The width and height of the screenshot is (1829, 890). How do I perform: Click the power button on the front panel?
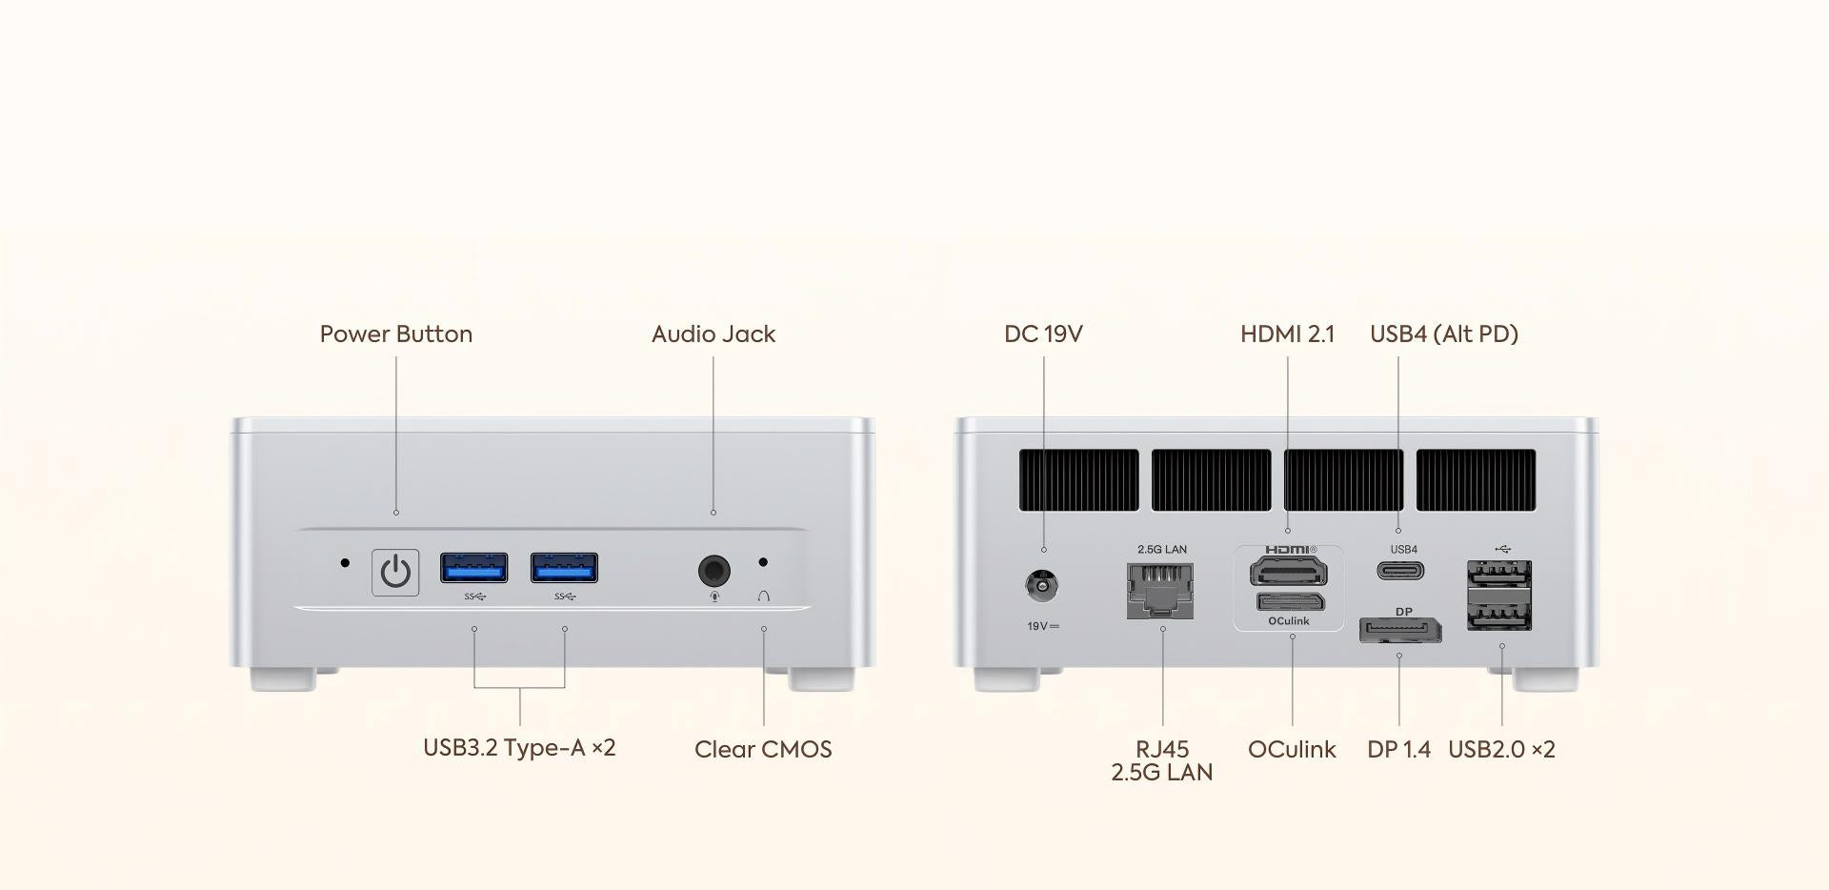tap(395, 572)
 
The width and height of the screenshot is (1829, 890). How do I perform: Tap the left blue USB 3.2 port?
tap(473, 568)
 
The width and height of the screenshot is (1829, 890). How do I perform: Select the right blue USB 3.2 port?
tap(564, 568)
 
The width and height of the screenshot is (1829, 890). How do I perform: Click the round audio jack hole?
tap(714, 571)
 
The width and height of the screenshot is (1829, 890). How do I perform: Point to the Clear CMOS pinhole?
tap(762, 562)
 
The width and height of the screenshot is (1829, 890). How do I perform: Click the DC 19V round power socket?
tap(1042, 584)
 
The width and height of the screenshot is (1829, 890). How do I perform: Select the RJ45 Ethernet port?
tap(1160, 590)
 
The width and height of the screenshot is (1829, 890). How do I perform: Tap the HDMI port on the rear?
tap(1288, 571)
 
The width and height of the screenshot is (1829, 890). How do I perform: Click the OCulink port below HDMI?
tap(1290, 602)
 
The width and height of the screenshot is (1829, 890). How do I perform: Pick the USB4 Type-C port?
tap(1400, 571)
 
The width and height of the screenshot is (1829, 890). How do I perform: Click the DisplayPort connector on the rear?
tap(1399, 630)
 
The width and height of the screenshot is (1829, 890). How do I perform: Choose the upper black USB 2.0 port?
tap(1499, 575)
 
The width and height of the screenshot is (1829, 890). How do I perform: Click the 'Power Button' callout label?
tap(395, 334)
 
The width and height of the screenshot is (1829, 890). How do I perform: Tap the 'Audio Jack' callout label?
tap(714, 334)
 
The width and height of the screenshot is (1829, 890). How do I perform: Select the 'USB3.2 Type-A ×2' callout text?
tap(519, 748)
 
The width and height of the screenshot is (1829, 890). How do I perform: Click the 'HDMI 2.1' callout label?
tap(1287, 334)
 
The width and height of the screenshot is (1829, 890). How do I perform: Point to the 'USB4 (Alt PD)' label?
tap(1443, 334)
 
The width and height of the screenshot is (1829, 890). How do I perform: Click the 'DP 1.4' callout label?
tap(1398, 750)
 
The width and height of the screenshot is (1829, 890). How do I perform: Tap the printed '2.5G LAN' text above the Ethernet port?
tap(1162, 550)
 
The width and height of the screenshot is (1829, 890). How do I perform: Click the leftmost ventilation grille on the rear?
tap(1078, 479)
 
